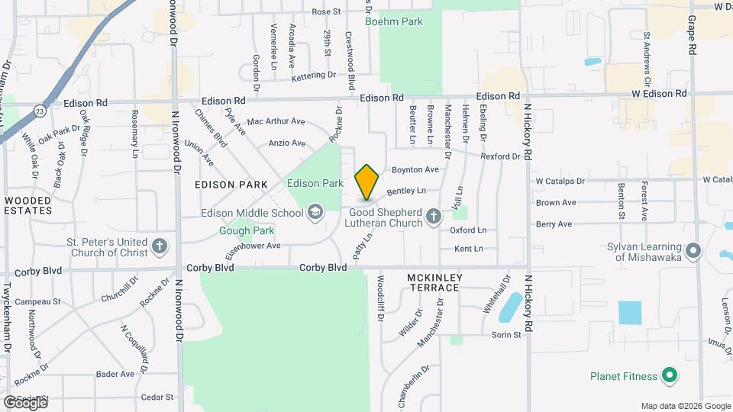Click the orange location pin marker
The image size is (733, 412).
pyautogui.click(x=367, y=181)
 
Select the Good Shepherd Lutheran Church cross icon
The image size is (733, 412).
pyautogui.click(x=434, y=217)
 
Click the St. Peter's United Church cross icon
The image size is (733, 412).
pyautogui.click(x=159, y=246)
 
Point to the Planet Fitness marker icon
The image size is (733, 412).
pyautogui.click(x=670, y=375)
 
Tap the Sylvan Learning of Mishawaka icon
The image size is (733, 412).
pyautogui.click(x=693, y=250)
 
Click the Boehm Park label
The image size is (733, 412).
pyautogui.click(x=394, y=22)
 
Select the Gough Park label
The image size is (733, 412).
pyautogui.click(x=247, y=230)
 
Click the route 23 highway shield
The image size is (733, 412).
pyautogui.click(x=40, y=111)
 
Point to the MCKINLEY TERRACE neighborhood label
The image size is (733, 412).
pyautogui.click(x=433, y=282)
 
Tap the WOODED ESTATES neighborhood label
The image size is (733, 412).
pyautogui.click(x=27, y=205)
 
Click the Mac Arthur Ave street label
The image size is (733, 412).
pyautogui.click(x=276, y=121)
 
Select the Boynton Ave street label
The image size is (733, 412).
pyautogui.click(x=415, y=169)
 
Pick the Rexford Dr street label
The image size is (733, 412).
pyautogui.click(x=500, y=156)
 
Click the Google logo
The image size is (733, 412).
pyautogui.click(x=25, y=401)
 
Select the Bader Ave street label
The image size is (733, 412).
pyautogui.click(x=115, y=374)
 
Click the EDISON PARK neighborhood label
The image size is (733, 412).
pyautogui.click(x=231, y=185)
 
